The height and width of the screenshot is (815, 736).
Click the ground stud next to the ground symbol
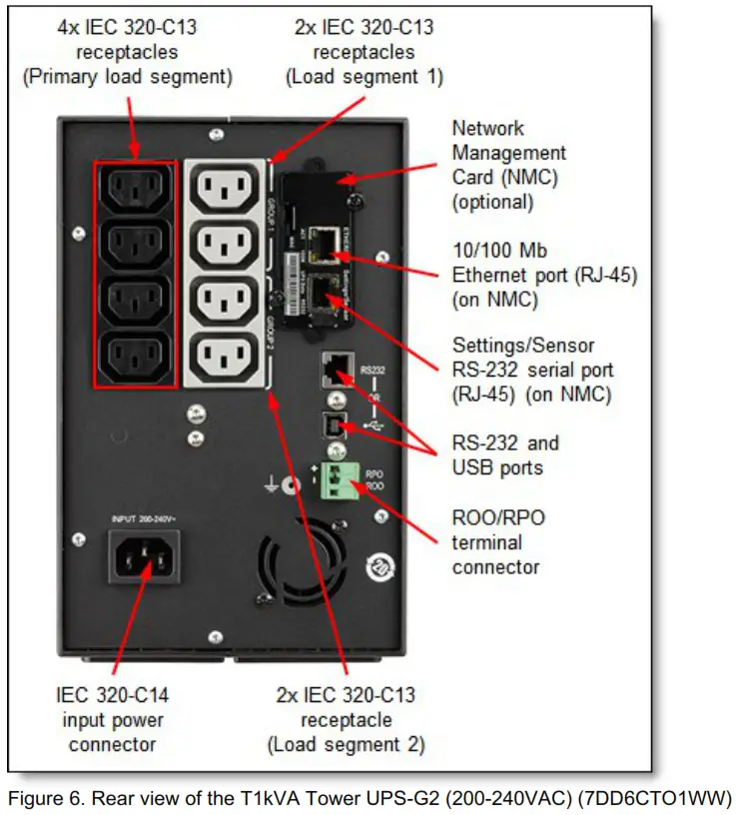point(290,486)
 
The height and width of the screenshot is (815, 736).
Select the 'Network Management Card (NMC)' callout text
point(508,165)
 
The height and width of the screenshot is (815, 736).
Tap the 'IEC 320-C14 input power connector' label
point(112,720)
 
